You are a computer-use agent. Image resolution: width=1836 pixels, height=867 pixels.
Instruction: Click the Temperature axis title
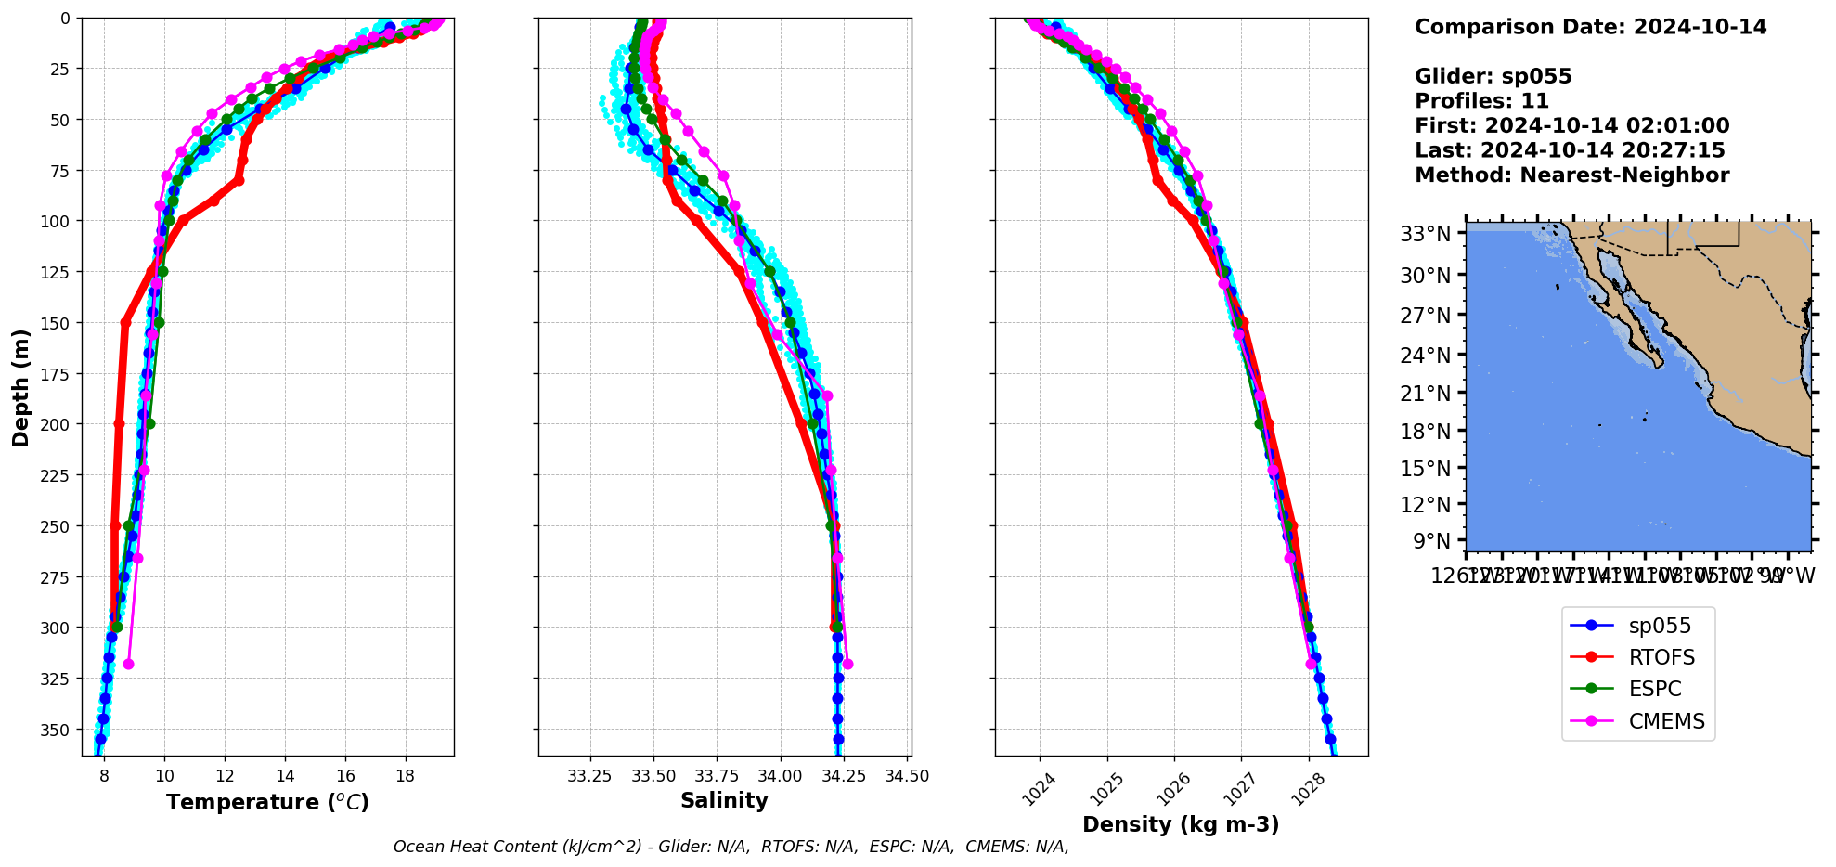[267, 802]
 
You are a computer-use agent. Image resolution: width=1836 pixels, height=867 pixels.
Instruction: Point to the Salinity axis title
[724, 800]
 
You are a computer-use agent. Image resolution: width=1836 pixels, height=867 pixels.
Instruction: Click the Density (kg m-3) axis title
[1181, 824]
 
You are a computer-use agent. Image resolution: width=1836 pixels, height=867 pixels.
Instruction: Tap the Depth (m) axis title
[20, 387]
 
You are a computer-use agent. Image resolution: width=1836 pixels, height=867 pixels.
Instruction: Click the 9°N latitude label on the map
[1430, 540]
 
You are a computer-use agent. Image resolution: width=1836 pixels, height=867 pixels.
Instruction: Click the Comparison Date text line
[1590, 27]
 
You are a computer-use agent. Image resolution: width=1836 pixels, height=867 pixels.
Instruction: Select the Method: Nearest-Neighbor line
[1571, 175]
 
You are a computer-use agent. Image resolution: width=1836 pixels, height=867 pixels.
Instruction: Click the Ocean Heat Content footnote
[731, 847]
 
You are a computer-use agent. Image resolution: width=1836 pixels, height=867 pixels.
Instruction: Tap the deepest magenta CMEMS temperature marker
[128, 664]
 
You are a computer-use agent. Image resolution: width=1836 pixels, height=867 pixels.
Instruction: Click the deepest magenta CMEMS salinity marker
[847, 664]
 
